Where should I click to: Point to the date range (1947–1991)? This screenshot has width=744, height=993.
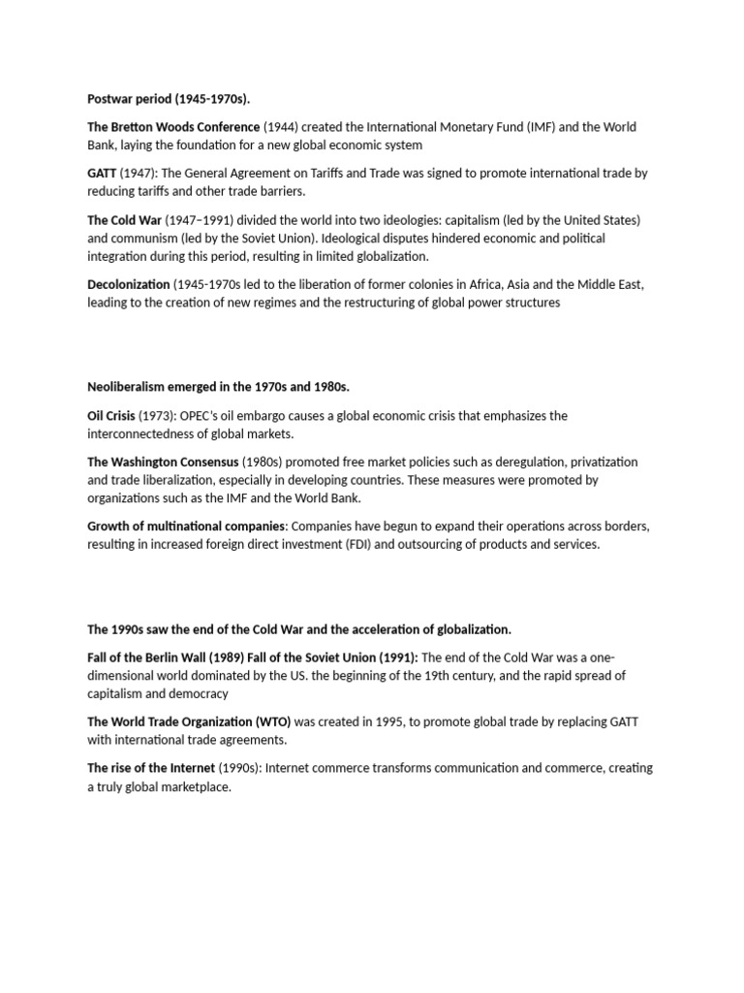click(x=191, y=219)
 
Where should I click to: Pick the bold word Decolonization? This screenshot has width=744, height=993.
click(x=129, y=284)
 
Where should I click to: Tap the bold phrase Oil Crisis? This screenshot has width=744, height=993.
click(x=111, y=415)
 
